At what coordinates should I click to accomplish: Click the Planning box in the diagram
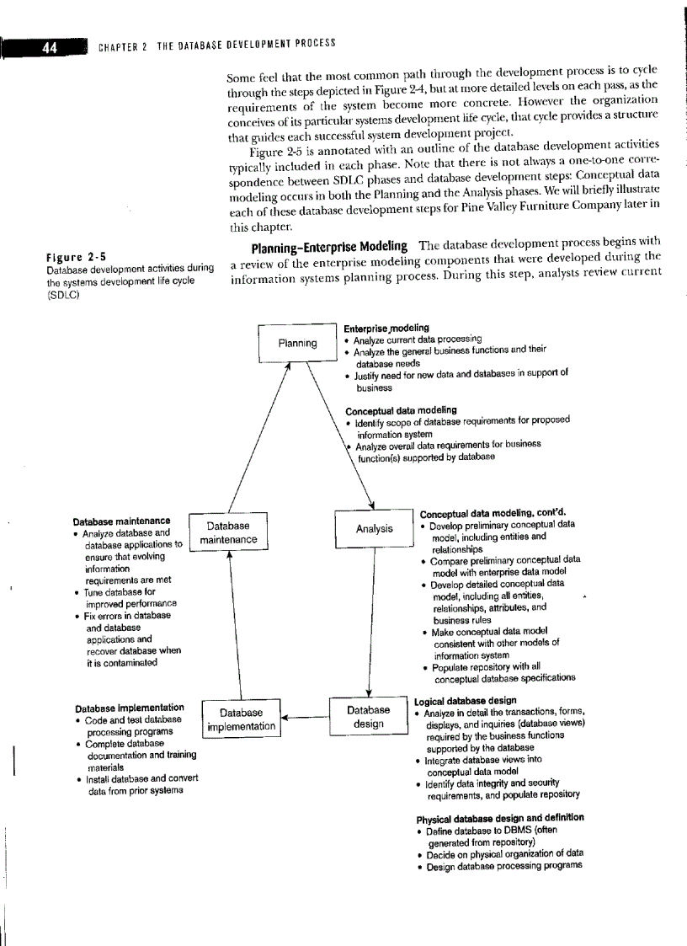pyautogui.click(x=297, y=343)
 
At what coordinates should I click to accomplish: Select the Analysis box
pyautogui.click(x=373, y=529)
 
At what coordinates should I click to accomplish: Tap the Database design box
pyautogui.click(x=369, y=717)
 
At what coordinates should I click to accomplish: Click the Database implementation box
pyautogui.click(x=242, y=719)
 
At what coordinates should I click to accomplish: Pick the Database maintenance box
pyautogui.click(x=228, y=532)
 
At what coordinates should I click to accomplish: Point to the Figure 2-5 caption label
pyautogui.click(x=73, y=257)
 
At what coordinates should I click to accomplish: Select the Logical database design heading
pyautogui.click(x=466, y=700)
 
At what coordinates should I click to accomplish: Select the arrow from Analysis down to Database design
pyautogui.click(x=373, y=623)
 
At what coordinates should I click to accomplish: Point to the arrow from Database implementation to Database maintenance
pyautogui.click(x=230, y=623)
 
